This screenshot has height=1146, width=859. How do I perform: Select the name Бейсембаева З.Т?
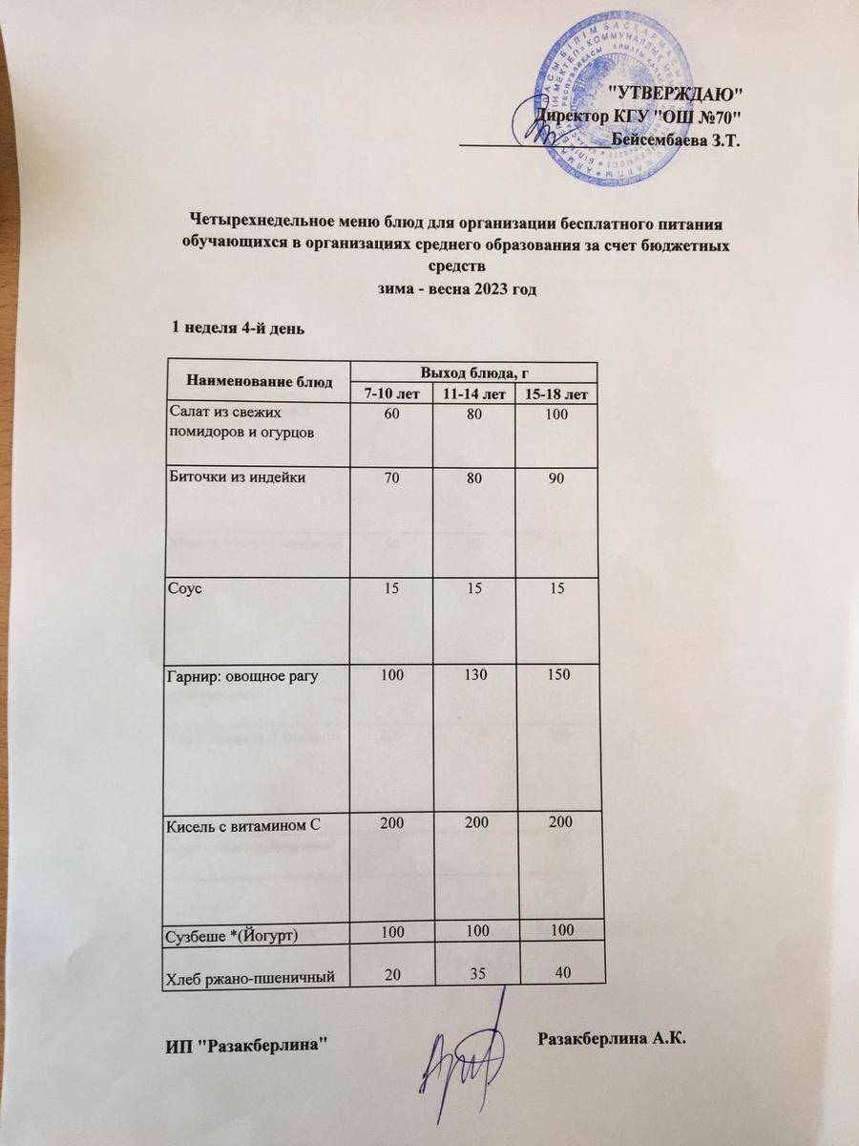[677, 139]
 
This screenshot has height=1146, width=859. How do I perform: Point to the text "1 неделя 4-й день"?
[238, 329]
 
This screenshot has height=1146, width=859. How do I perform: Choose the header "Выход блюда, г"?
[474, 371]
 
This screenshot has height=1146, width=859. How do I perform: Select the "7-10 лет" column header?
[391, 393]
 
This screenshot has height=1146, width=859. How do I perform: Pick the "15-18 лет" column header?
[556, 393]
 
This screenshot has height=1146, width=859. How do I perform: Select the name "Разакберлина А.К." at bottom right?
[614, 1038]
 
